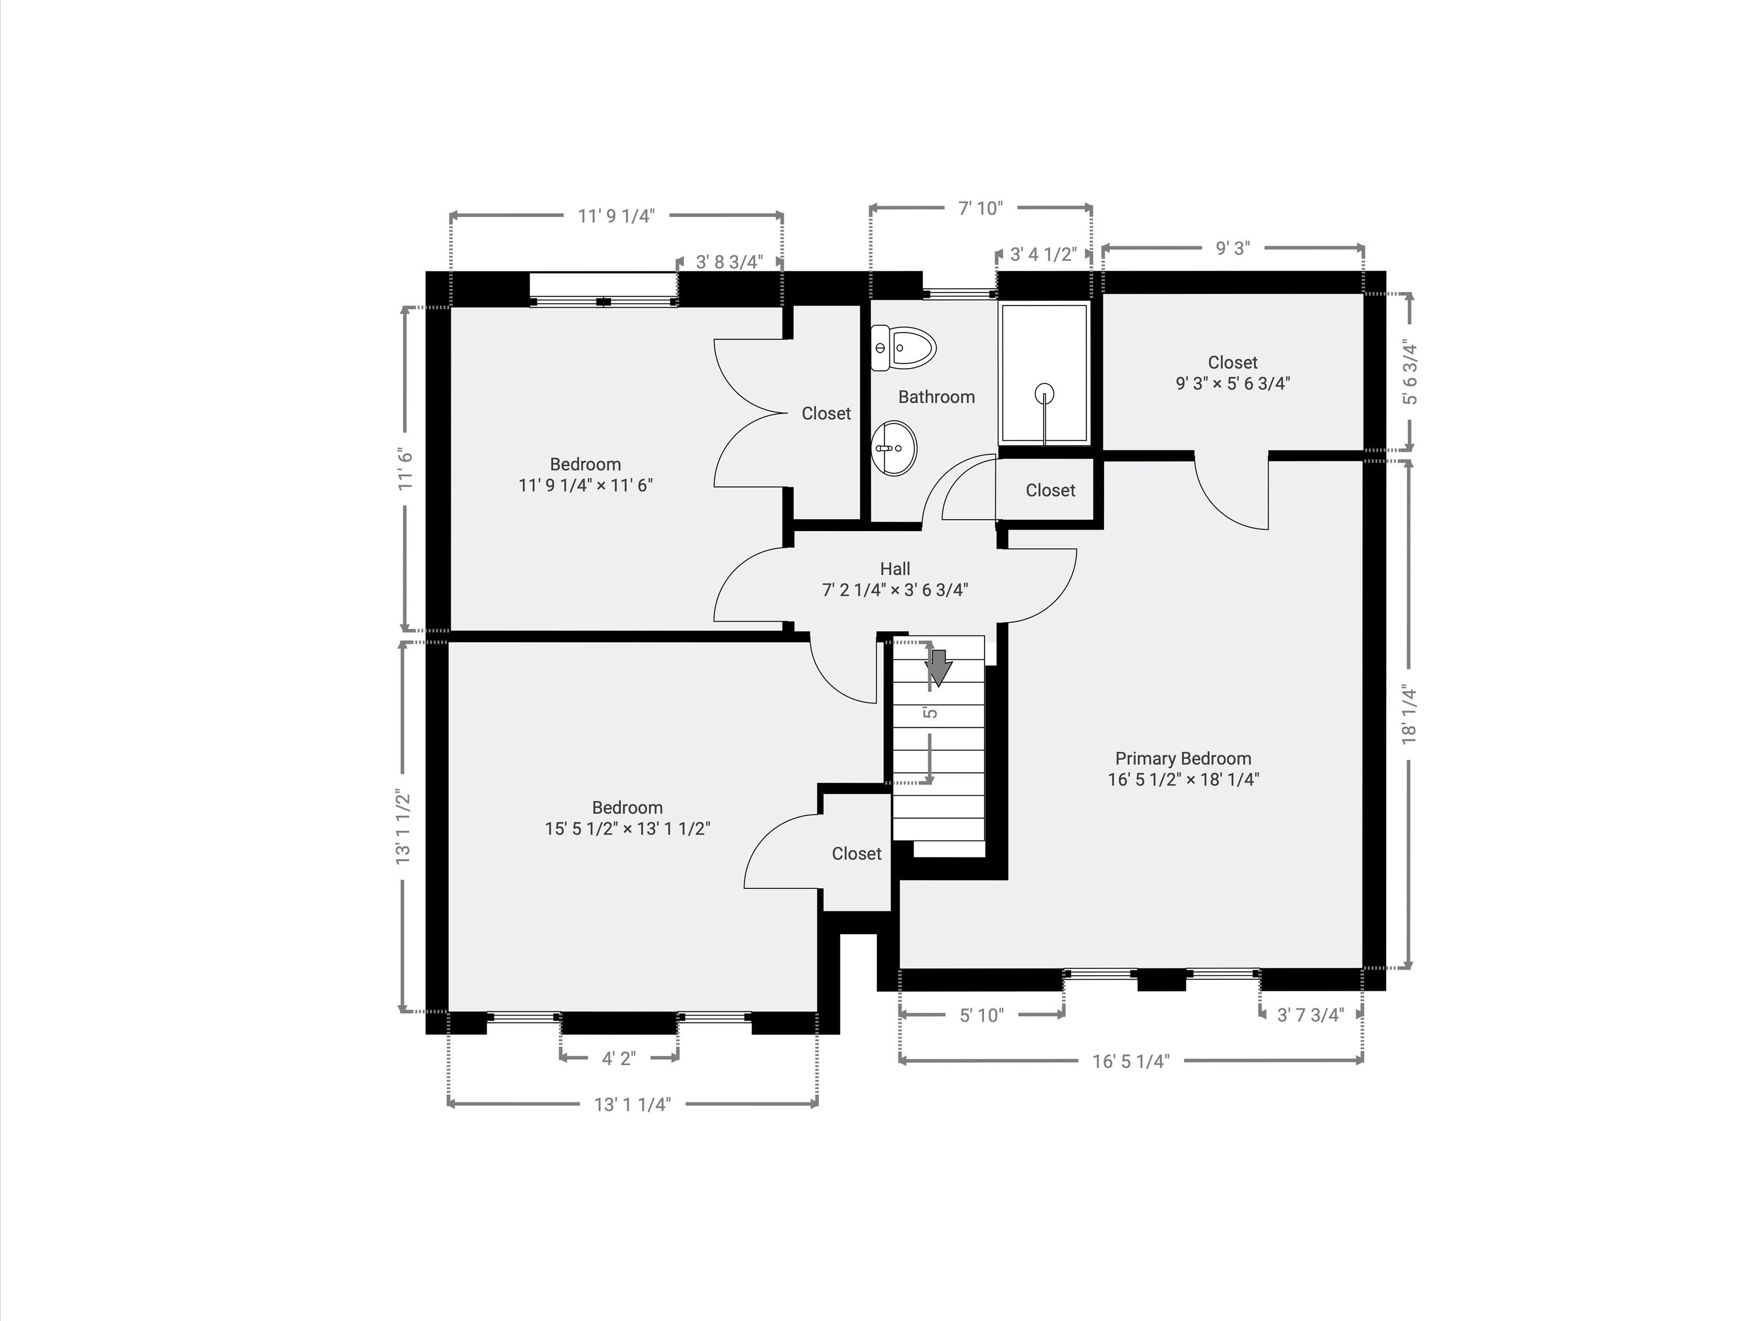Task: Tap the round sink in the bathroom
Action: pyautogui.click(x=894, y=448)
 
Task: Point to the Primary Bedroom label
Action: pyautogui.click(x=1182, y=758)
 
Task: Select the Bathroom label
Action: pyautogui.click(x=936, y=397)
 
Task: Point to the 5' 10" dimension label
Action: pyautogui.click(x=981, y=1015)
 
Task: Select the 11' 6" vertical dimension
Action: pyautogui.click(x=406, y=468)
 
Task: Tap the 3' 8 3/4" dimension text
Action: pyautogui.click(x=729, y=262)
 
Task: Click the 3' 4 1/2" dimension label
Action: pyautogui.click(x=1043, y=255)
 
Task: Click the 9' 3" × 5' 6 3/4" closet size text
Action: pyautogui.click(x=1232, y=383)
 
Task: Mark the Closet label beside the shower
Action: pyautogui.click(x=1050, y=491)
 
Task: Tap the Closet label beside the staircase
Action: pyautogui.click(x=856, y=854)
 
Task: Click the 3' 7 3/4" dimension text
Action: pyautogui.click(x=1310, y=1014)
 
